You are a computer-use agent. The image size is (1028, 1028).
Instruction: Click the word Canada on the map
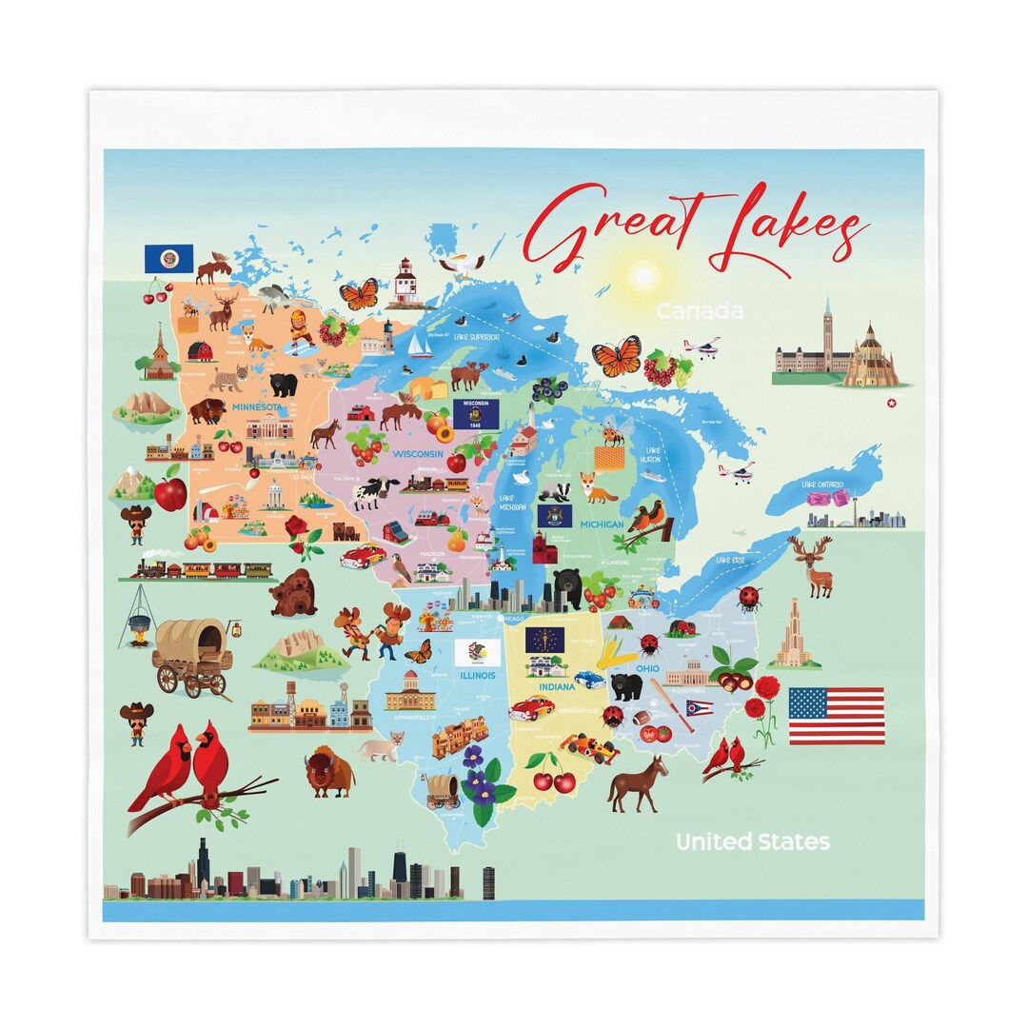click(699, 311)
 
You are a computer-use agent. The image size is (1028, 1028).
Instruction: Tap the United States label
click(752, 841)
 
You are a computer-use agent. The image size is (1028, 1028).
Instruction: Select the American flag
click(836, 716)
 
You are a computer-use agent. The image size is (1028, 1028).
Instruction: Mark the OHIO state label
click(648, 668)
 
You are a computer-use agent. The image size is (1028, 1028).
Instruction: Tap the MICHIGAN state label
click(602, 524)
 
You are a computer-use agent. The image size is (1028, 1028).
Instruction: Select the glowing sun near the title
click(643, 275)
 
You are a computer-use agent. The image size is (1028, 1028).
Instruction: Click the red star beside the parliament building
click(891, 403)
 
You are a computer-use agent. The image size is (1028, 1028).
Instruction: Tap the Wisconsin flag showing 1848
click(476, 414)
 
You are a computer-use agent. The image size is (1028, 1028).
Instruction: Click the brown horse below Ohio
click(636, 784)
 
